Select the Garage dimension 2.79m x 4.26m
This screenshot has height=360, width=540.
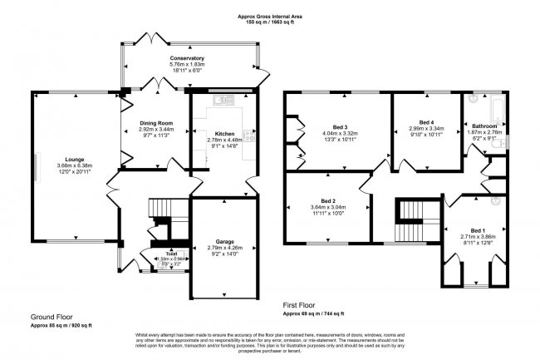pos(220,248)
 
